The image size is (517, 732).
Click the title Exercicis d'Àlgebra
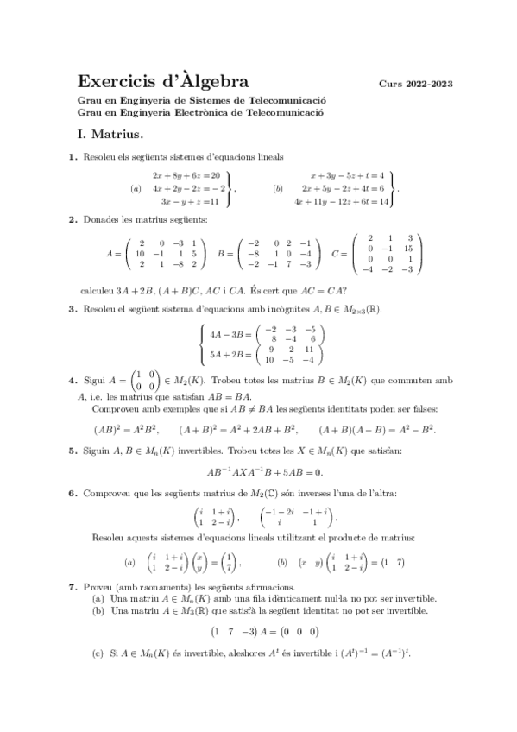(164, 82)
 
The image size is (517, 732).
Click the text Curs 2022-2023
(415, 85)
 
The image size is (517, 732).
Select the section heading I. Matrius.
(110, 135)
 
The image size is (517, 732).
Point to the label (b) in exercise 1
(277, 188)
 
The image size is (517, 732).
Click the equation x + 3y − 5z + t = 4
(347, 174)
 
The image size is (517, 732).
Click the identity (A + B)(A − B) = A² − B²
(376, 429)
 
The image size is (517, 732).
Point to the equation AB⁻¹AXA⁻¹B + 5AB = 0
(264, 471)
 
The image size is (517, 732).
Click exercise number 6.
(73, 494)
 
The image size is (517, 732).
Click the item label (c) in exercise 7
(98, 653)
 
